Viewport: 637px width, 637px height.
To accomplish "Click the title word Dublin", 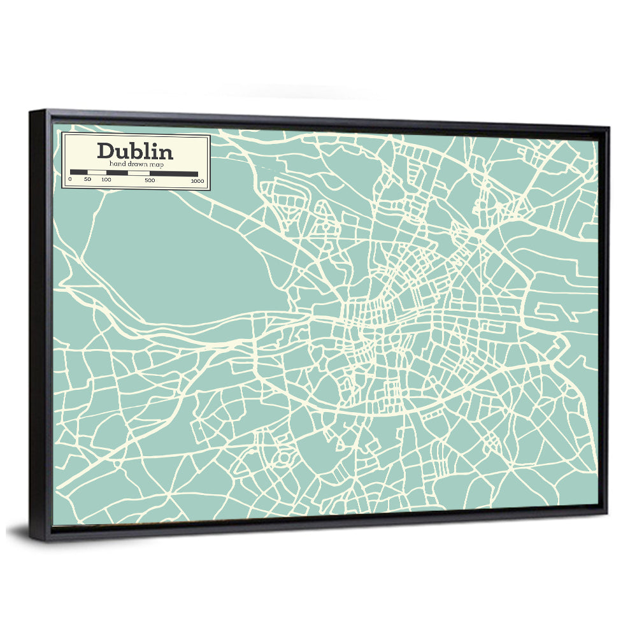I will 134,151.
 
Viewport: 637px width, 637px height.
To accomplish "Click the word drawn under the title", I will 136,164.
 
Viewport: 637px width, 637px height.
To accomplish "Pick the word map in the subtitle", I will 155,164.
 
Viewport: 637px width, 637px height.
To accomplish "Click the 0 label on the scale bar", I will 69,180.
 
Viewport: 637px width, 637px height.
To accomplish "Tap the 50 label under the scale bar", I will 87,180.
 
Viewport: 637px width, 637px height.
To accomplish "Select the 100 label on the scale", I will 106,180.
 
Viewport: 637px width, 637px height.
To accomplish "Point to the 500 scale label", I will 150,180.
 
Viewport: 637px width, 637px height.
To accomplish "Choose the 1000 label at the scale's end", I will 197,181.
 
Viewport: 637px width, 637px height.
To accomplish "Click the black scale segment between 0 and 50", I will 78,173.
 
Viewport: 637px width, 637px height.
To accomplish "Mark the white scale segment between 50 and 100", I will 97,173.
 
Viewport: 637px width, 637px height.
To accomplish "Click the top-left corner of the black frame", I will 31,112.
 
